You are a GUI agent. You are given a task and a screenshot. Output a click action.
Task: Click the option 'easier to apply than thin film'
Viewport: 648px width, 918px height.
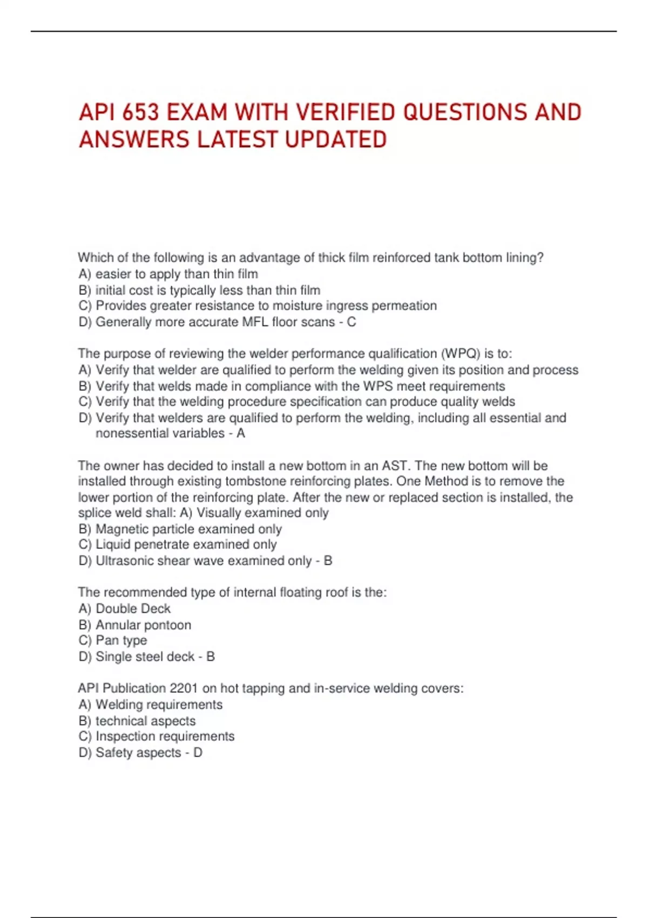(177, 274)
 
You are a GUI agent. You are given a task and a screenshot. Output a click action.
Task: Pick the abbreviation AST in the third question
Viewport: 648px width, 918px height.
(394, 465)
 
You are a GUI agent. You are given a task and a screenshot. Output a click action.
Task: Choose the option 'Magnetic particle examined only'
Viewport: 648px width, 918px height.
(188, 529)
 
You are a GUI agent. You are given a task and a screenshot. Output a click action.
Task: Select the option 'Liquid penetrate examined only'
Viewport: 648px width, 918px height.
(186, 544)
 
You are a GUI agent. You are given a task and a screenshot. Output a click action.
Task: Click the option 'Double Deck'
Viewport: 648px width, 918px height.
(133, 609)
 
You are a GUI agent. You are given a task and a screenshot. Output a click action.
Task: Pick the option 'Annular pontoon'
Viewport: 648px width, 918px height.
(143, 625)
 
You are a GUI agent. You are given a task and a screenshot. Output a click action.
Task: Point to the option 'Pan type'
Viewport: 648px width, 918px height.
(121, 640)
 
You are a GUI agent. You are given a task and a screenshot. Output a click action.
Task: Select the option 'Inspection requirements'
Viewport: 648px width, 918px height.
(165, 737)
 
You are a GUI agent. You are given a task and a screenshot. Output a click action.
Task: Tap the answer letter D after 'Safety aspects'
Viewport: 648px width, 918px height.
(198, 753)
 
